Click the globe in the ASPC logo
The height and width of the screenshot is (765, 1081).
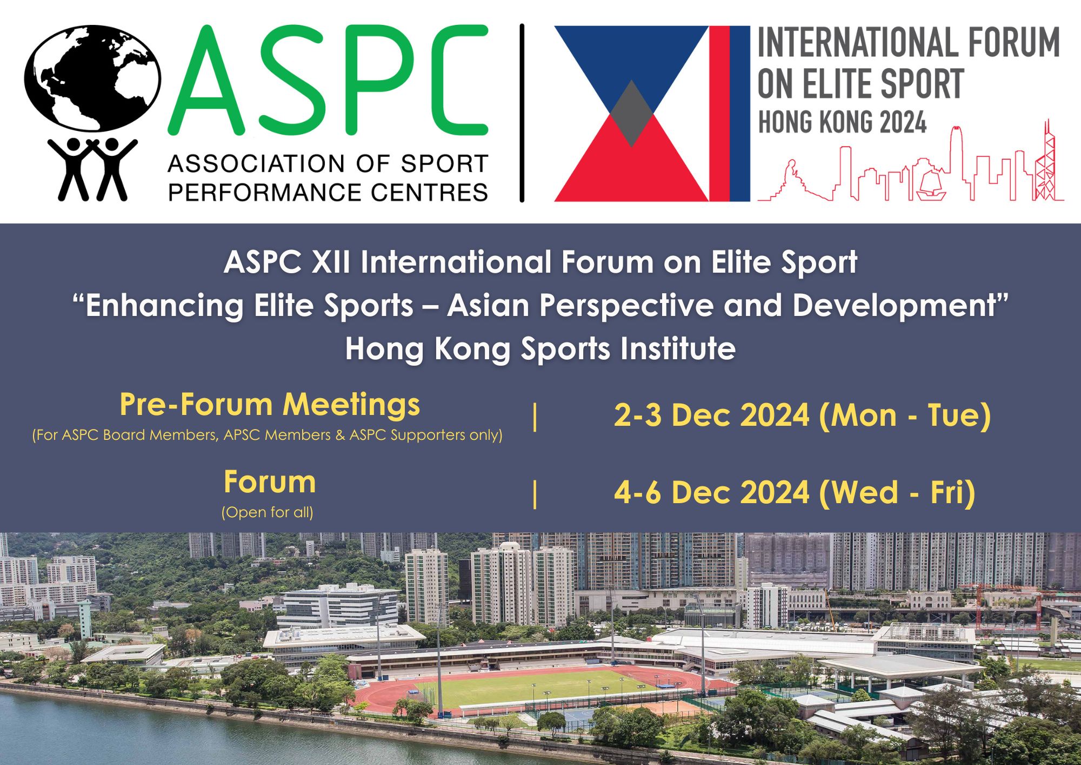[x=92, y=78]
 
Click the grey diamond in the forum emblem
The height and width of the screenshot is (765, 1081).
[x=631, y=114]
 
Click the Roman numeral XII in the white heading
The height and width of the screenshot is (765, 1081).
[x=331, y=262]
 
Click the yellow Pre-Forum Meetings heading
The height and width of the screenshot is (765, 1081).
[x=270, y=405]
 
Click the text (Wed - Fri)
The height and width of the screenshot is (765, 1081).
[x=897, y=493]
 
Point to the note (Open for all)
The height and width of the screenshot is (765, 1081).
[x=268, y=512]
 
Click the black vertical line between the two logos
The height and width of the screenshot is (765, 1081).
[x=522, y=113]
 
